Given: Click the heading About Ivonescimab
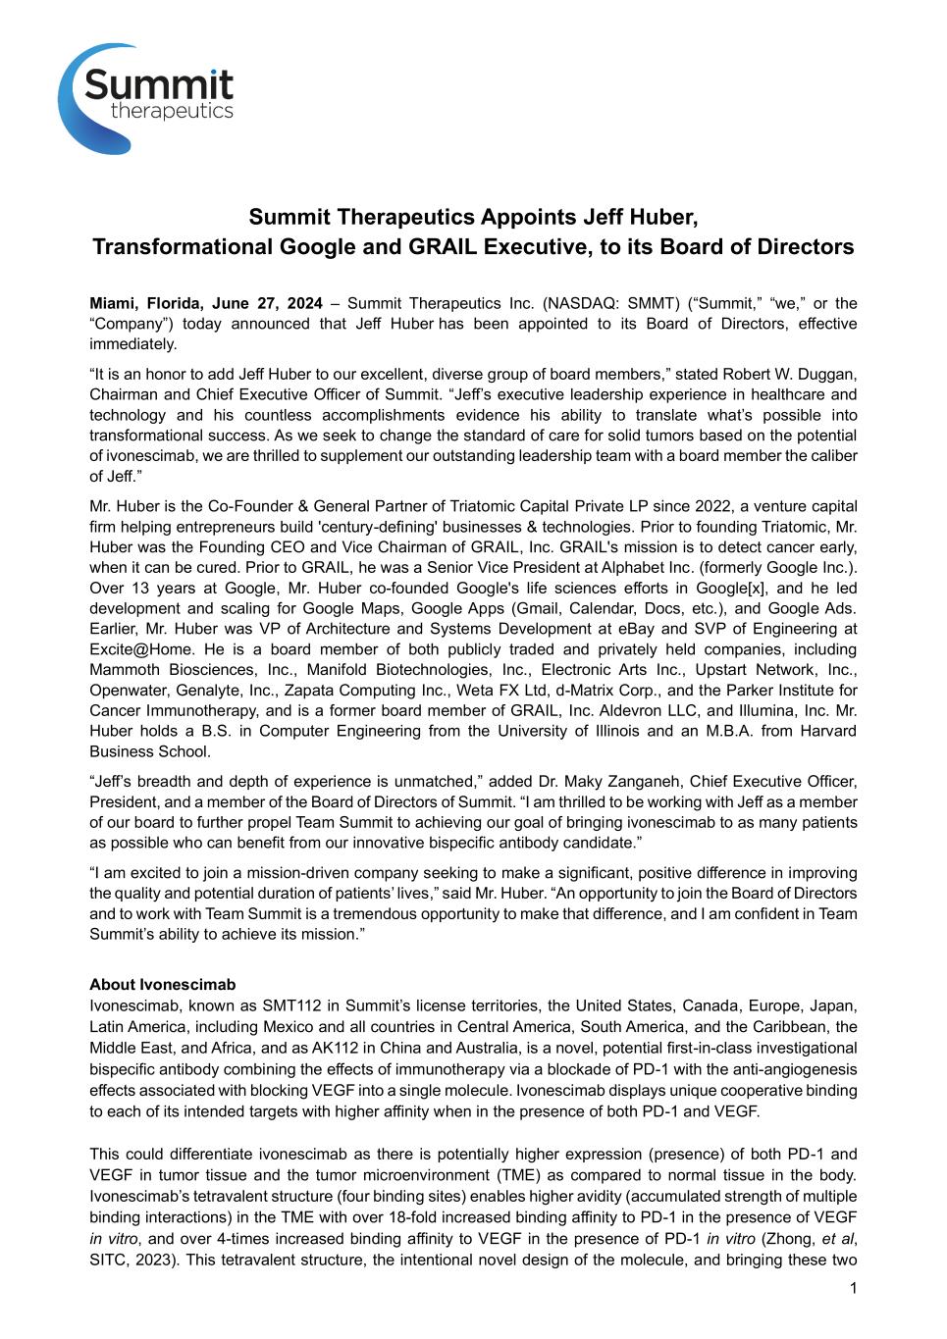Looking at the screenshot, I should tap(163, 984).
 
